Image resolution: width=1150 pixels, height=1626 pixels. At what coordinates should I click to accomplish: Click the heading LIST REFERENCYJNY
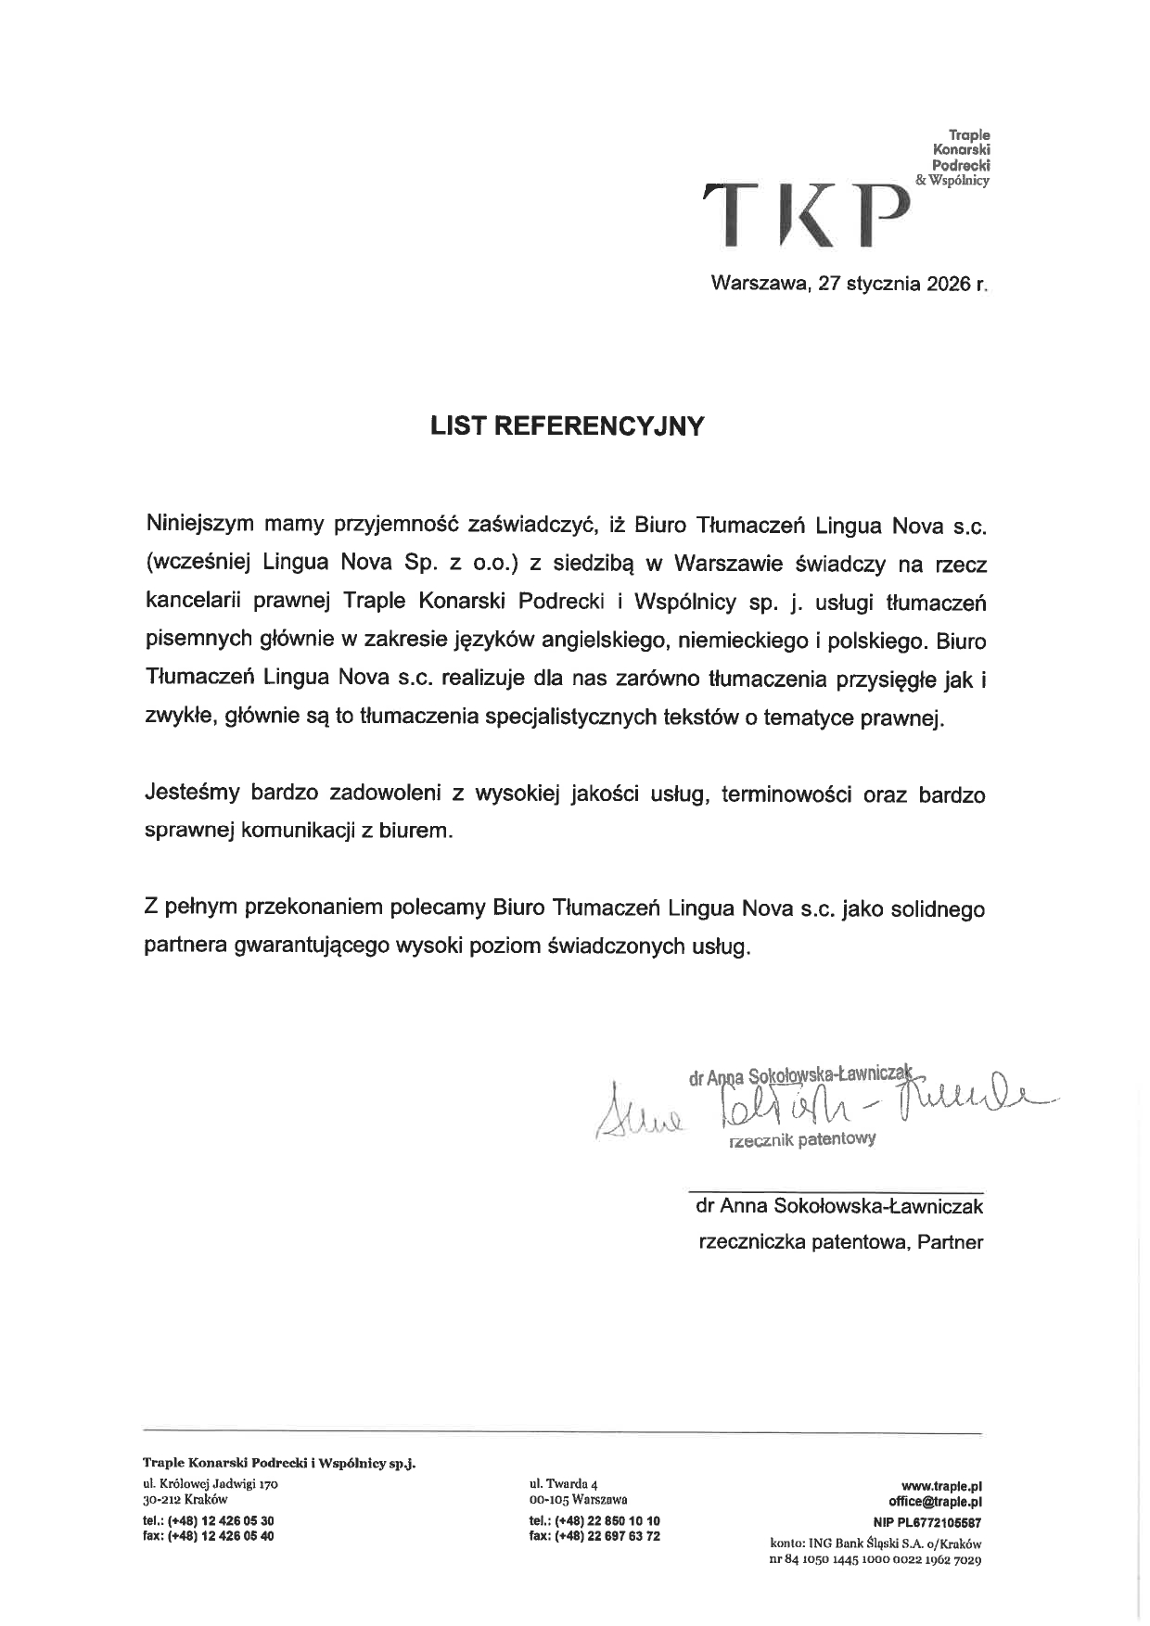[x=568, y=426]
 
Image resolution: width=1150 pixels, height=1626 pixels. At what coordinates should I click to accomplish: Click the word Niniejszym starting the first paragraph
[x=199, y=525]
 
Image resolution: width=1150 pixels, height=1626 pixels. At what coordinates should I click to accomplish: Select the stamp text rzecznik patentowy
[x=802, y=1139]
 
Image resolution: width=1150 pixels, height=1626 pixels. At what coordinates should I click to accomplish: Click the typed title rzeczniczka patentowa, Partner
[x=840, y=1242]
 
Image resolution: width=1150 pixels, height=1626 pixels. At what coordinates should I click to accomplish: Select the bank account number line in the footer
[x=875, y=1559]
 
